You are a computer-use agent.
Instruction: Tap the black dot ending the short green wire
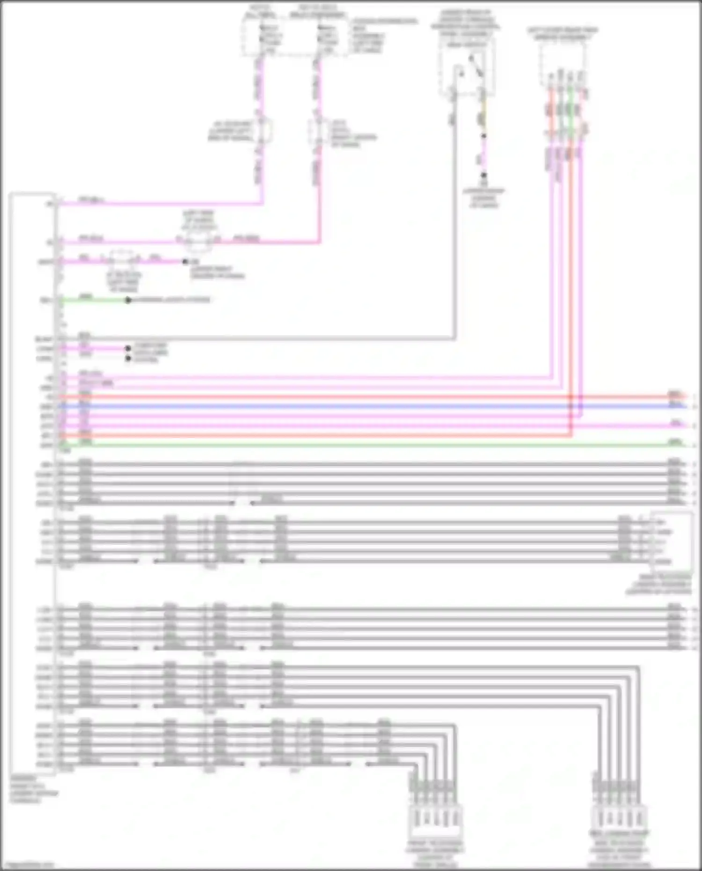click(x=128, y=300)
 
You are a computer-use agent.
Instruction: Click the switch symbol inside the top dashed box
click(x=473, y=68)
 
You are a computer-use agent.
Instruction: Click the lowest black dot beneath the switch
click(x=483, y=176)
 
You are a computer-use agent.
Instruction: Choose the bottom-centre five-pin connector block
click(x=436, y=819)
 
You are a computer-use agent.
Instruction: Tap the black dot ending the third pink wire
click(x=185, y=262)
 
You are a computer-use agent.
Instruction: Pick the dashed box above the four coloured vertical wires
click(x=562, y=61)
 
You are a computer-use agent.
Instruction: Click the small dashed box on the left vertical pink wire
click(x=262, y=131)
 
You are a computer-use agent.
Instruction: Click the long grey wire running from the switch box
click(x=281, y=338)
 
